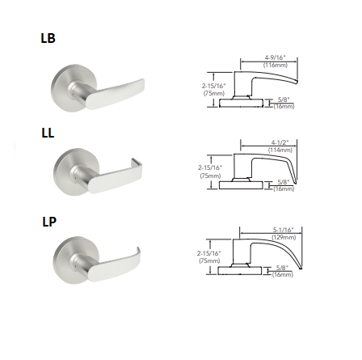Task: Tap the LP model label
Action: [x=48, y=221]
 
